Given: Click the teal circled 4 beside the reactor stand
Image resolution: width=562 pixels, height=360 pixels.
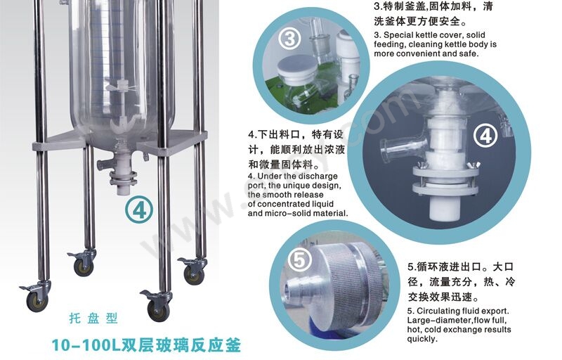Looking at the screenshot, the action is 139,210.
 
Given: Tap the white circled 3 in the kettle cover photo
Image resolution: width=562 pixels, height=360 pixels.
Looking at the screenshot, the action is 289,39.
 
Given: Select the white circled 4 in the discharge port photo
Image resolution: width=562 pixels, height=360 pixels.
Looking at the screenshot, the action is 485,136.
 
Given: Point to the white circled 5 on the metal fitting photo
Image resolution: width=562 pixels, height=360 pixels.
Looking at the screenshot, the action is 299,259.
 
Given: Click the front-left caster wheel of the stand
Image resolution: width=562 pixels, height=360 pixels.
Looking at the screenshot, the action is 37,301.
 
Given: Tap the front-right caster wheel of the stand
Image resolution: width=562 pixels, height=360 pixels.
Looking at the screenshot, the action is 158,309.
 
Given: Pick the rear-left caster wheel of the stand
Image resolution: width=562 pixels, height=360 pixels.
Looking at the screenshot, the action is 84,266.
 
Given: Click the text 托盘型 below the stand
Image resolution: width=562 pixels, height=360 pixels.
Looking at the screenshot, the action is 93,319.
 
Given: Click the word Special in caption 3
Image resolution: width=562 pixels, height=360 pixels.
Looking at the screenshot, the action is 398,35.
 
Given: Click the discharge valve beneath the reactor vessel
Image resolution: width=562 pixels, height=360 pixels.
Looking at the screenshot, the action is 121,171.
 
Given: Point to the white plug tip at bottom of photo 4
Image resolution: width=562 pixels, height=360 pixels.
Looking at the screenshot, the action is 445,208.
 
